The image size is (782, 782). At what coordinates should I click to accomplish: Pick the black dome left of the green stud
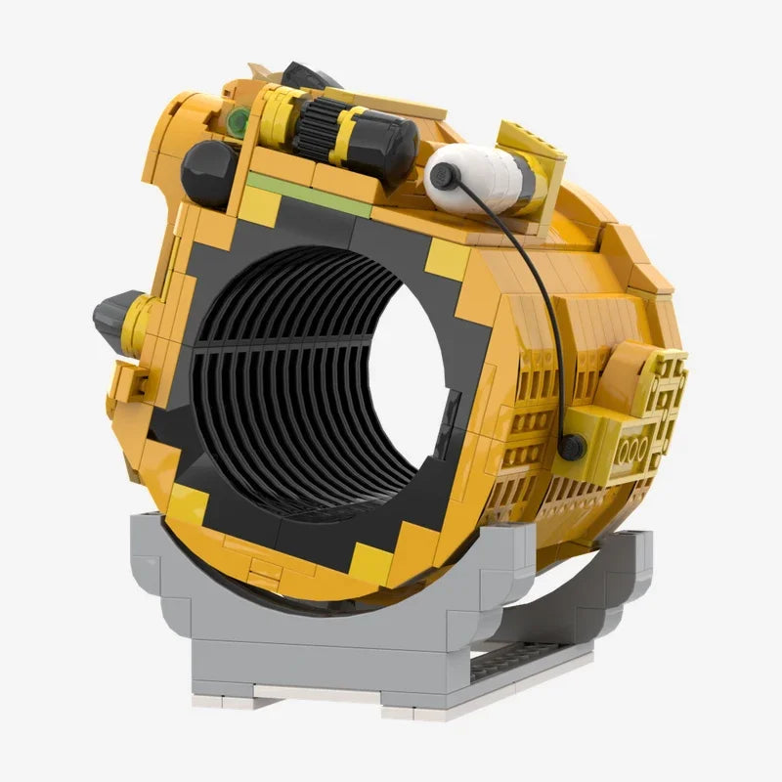pyautogui.click(x=206, y=172)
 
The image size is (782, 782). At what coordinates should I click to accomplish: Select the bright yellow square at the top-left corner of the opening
pyautogui.click(x=260, y=206)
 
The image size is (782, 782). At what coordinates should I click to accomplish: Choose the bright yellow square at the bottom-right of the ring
pyautogui.click(x=371, y=562)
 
